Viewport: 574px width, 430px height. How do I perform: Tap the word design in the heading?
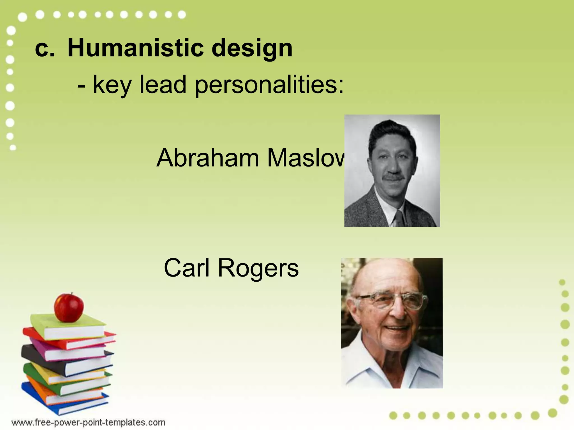252,49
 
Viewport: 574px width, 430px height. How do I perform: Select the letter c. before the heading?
45,49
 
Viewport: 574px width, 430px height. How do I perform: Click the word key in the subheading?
112,85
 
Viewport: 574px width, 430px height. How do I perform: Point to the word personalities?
269,85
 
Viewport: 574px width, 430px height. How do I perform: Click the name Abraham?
208,158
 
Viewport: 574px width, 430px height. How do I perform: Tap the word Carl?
186,268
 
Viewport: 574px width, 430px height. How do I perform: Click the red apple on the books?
69,308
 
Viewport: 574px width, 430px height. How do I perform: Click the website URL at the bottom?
88,422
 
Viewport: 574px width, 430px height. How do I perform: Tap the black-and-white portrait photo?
392,170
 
